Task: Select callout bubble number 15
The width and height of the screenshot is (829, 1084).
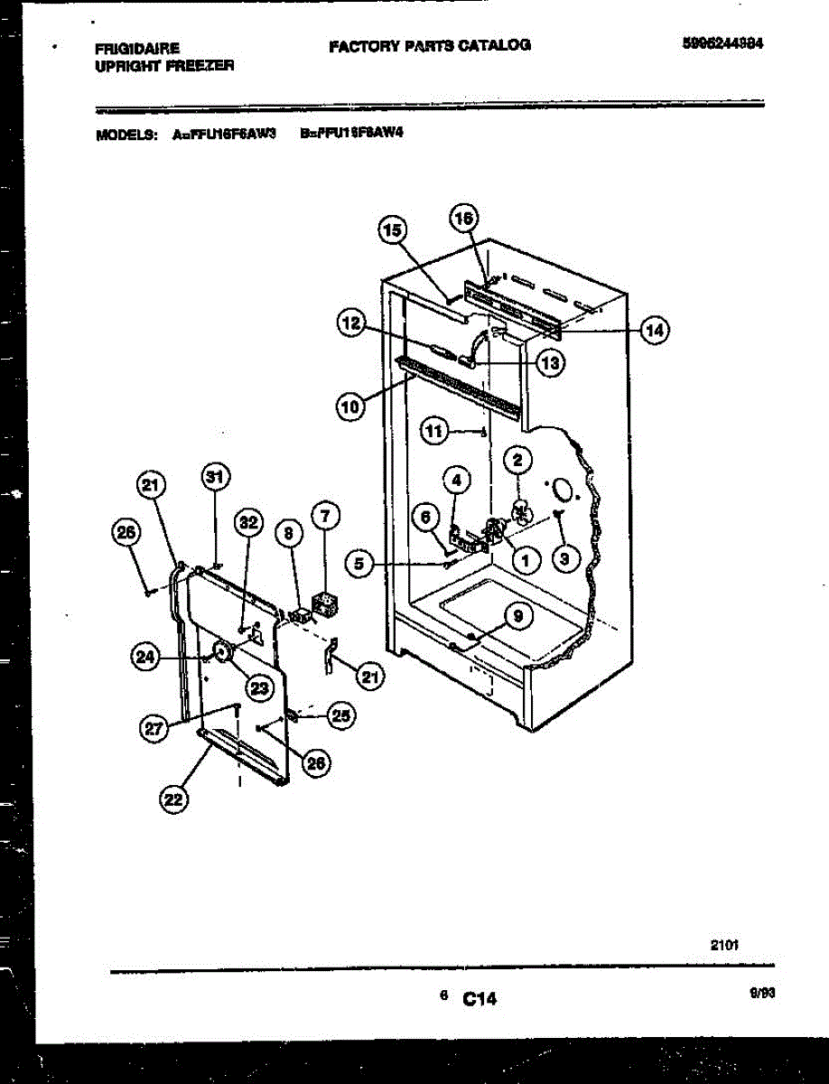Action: point(391,231)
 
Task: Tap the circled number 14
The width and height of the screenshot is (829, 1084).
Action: point(654,331)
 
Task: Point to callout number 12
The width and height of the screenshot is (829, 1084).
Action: point(351,322)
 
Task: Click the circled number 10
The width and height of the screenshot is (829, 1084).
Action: point(351,407)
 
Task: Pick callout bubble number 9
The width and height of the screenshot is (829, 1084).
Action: point(517,617)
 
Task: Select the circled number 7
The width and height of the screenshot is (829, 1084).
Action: point(326,516)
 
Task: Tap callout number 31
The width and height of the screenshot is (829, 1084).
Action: point(214,478)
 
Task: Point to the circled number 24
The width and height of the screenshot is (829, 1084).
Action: point(144,658)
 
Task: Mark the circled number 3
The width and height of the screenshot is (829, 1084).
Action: point(564,559)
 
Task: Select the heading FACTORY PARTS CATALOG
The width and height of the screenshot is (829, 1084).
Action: point(429,44)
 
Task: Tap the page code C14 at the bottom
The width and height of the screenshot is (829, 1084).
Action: point(480,998)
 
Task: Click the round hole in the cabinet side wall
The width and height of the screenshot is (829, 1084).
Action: point(563,489)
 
